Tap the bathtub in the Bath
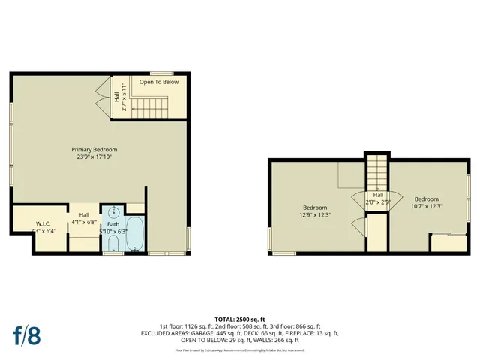click(136, 234)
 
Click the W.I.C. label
click(43, 223)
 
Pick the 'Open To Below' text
click(159, 82)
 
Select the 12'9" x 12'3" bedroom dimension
click(315, 215)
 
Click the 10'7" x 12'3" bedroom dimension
click(427, 206)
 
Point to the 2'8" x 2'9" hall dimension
click(379, 202)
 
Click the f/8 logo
click(25, 334)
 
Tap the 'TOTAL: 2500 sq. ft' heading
click(240, 319)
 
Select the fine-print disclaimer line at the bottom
click(240, 349)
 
